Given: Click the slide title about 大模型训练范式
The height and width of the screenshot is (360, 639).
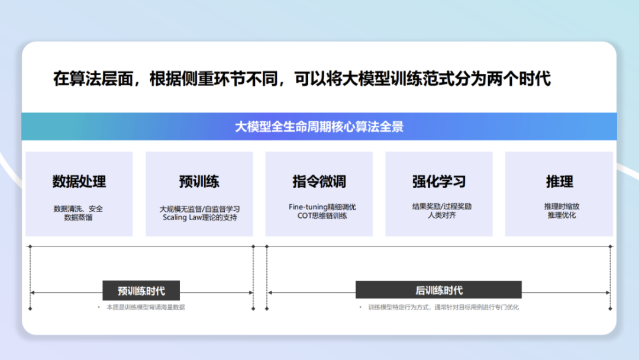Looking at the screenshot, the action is pos(302,79).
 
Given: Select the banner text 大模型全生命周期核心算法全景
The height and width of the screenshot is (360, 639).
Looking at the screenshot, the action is pos(319,127).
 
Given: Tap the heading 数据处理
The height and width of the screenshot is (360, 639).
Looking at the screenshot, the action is pos(79,181).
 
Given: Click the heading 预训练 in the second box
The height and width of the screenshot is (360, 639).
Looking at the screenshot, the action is pos(199,181).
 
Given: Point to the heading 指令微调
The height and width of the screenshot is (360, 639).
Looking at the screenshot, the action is pos(319,181).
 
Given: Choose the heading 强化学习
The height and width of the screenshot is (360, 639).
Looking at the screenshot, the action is pos(438,181).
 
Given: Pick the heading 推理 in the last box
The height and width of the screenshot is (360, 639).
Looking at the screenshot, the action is pos(559,181).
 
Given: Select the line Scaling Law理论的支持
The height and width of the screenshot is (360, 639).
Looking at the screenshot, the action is pos(199,217).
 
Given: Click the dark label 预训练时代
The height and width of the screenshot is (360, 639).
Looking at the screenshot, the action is pos(141,291).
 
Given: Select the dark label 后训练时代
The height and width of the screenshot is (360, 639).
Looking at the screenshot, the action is pos(438,290).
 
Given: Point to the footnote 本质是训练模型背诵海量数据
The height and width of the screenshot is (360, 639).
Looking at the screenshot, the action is pos(146,307).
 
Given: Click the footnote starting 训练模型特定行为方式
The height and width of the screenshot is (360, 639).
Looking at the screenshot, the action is pos(443,307).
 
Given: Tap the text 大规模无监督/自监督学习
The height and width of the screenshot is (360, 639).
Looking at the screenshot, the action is pos(199,209).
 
